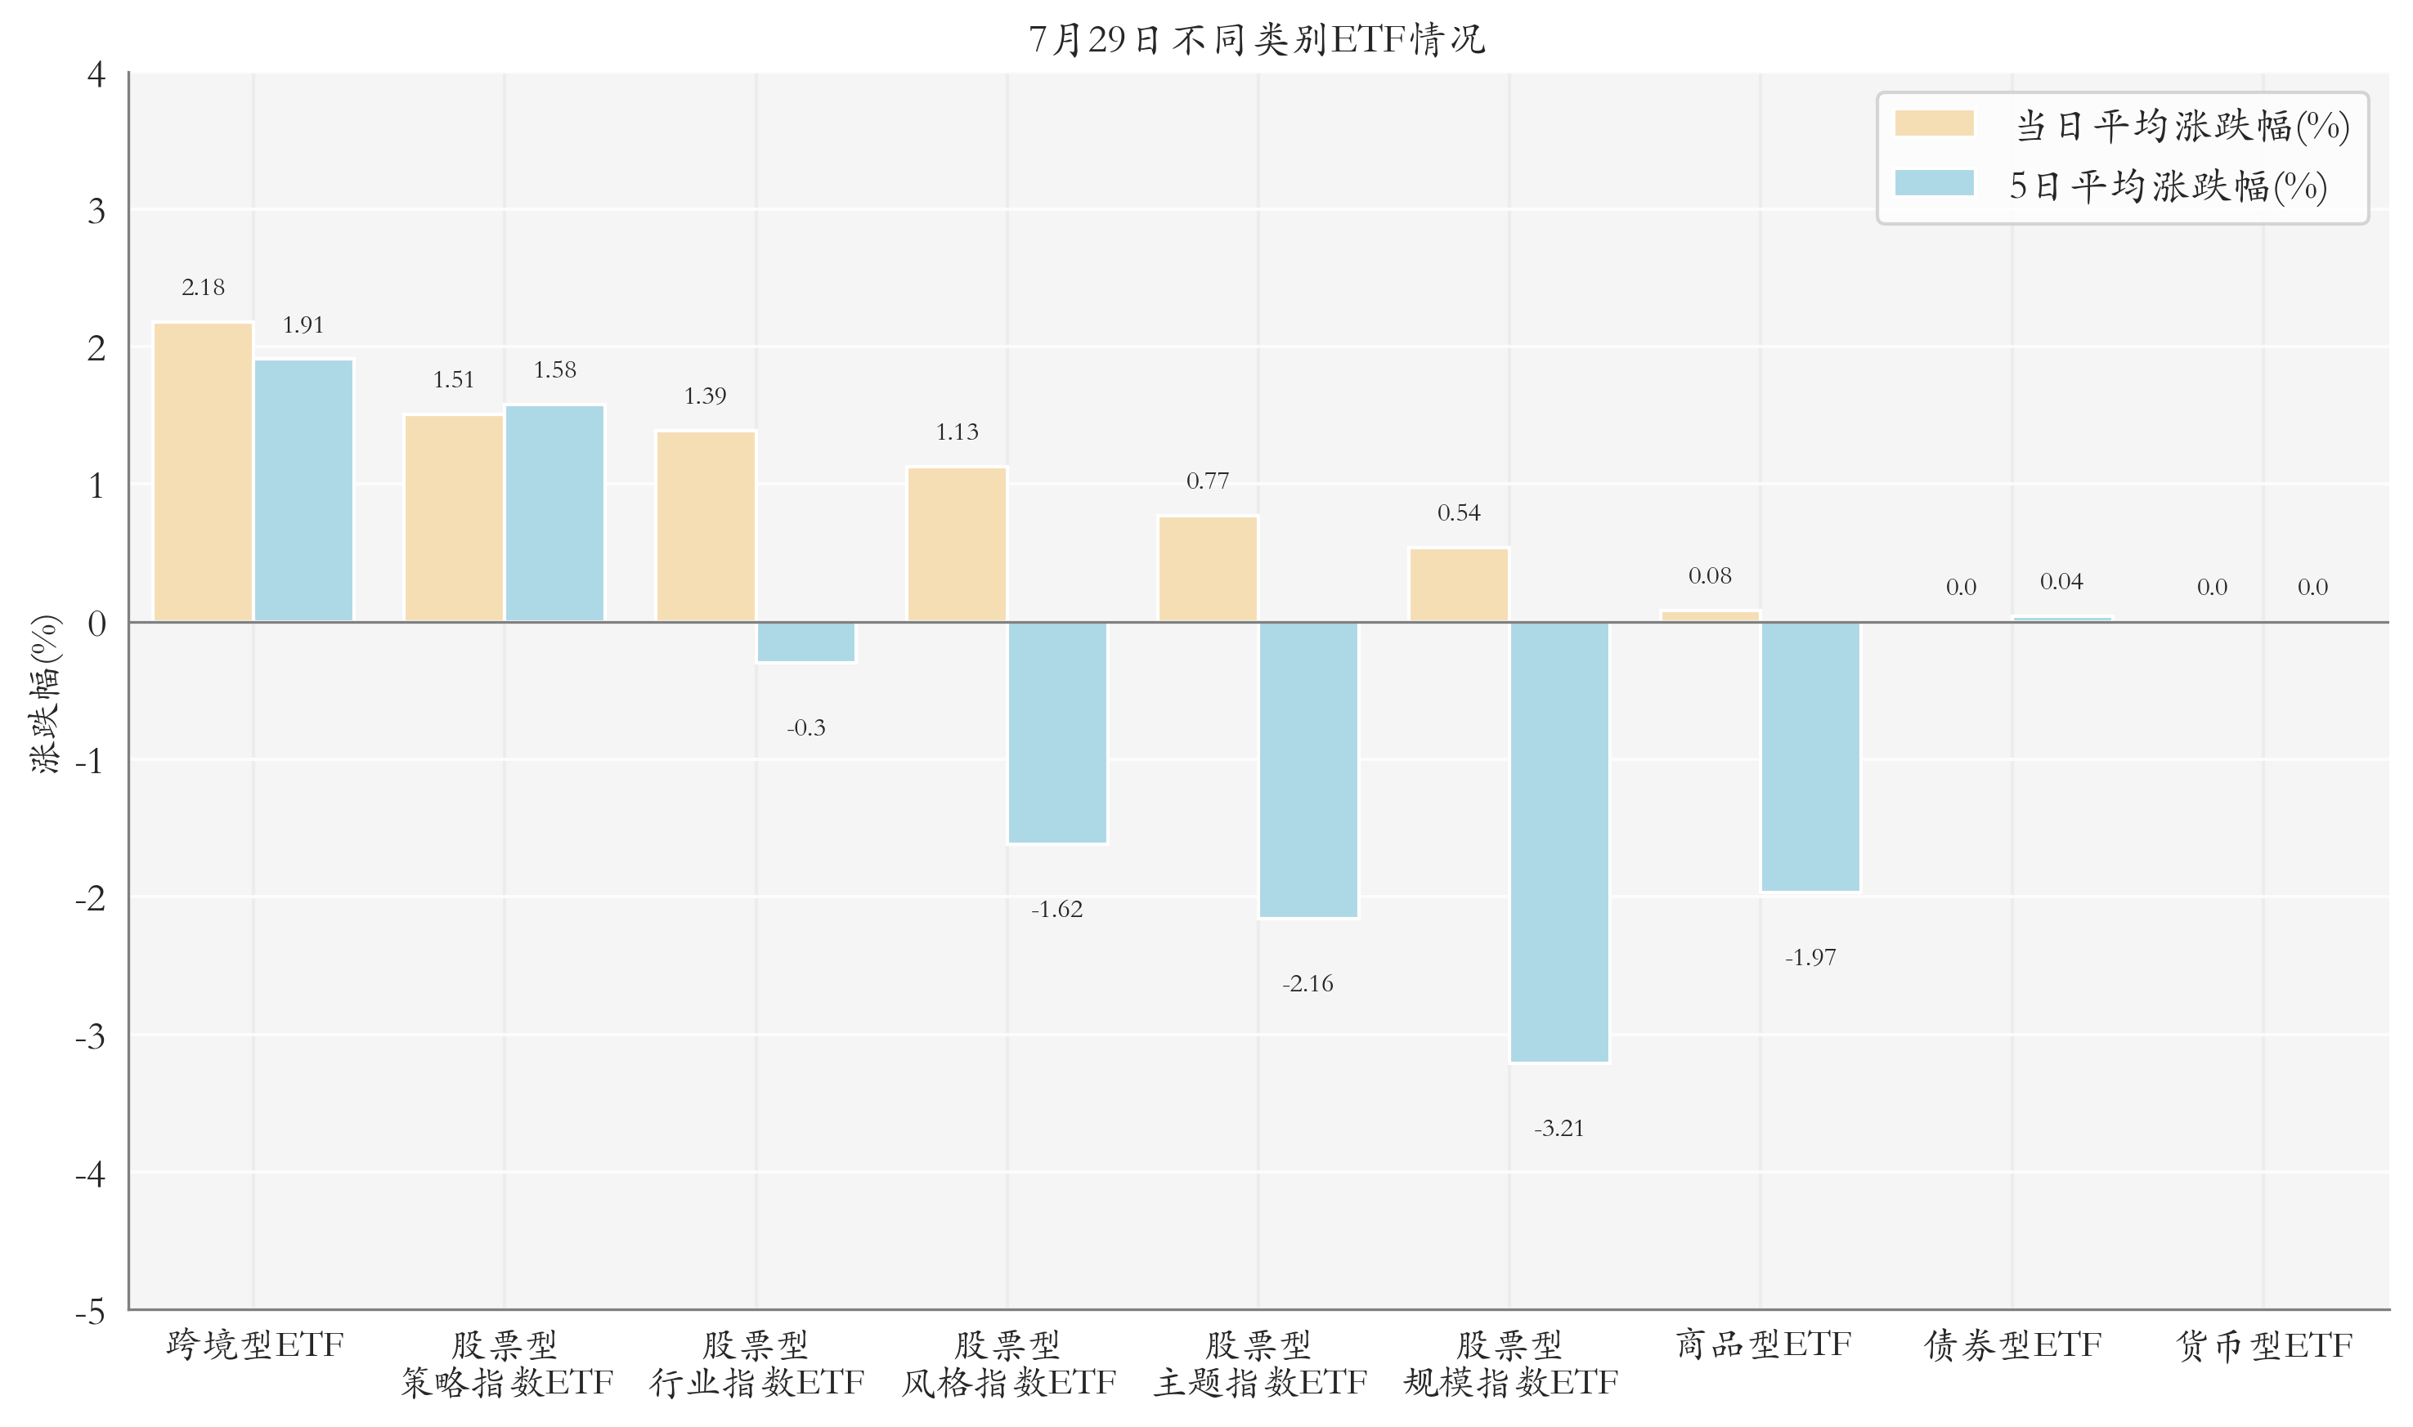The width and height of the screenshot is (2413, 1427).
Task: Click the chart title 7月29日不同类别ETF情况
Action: [x=1257, y=39]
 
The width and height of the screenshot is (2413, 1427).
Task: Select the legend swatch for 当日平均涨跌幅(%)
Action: [x=1934, y=123]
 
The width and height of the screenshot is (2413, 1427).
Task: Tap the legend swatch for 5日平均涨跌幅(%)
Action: [x=1934, y=183]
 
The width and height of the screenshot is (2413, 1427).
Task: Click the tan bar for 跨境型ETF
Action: [x=203, y=472]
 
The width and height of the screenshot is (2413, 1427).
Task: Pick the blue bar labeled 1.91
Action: [x=304, y=490]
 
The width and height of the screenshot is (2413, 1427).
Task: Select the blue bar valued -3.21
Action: [x=1559, y=843]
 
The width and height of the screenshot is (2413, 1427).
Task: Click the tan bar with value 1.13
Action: [x=957, y=544]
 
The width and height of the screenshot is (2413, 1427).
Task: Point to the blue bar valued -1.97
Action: [x=1810, y=757]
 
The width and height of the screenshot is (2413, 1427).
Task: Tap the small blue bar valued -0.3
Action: [x=806, y=642]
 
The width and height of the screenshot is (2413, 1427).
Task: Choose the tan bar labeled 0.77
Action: [x=1208, y=570]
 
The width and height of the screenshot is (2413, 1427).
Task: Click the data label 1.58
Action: [x=555, y=370]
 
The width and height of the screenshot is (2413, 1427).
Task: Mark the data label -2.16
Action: [x=1308, y=982]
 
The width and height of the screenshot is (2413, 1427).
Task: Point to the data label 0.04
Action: [x=2061, y=582]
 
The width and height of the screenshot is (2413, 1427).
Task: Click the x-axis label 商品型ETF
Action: [x=1763, y=1344]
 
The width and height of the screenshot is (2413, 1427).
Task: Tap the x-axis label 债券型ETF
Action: [x=2013, y=1344]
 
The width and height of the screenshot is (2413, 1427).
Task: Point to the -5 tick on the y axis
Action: [x=91, y=1311]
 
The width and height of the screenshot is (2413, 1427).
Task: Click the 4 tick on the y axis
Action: [x=96, y=74]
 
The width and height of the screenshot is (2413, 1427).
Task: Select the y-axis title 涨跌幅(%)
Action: [x=45, y=693]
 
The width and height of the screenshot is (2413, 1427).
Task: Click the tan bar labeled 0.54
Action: [x=1459, y=584]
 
